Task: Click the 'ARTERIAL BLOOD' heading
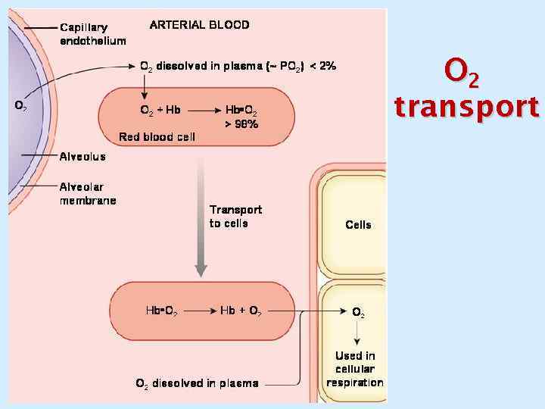click(x=199, y=24)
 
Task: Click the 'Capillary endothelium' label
click(x=92, y=34)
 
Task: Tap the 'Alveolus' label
click(x=83, y=157)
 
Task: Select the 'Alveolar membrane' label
click(x=88, y=193)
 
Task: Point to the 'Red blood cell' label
click(x=157, y=137)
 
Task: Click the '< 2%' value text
click(x=324, y=66)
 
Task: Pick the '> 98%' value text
click(x=241, y=123)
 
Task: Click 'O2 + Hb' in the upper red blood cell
click(x=160, y=110)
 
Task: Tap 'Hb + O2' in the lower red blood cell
click(x=241, y=311)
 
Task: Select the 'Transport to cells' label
click(x=235, y=216)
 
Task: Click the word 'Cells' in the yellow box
click(x=358, y=224)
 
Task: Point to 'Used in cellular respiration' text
click(x=355, y=369)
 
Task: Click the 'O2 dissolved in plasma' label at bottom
click(x=197, y=383)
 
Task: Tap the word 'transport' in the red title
click(x=466, y=108)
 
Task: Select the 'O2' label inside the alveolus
click(x=21, y=106)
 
